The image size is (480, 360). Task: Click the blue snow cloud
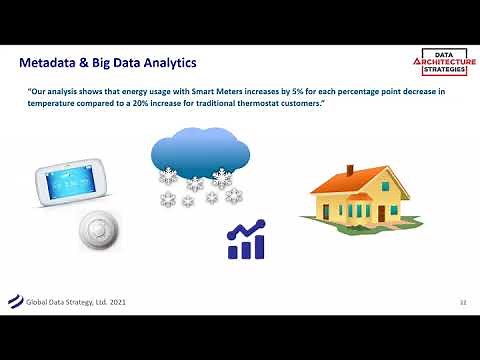[x=200, y=150]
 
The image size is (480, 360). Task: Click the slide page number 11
[x=462, y=301]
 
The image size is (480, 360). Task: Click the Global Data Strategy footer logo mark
[x=14, y=300]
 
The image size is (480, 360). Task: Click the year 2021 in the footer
[x=119, y=301]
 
